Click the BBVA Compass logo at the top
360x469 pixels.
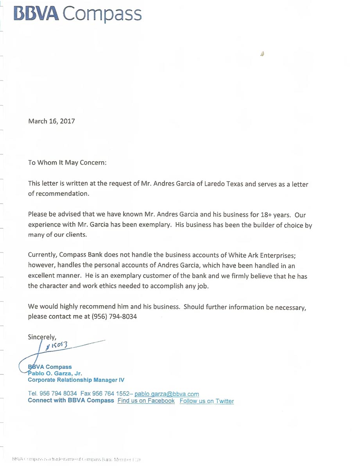pos(77,13)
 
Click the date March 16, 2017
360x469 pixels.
pos(51,121)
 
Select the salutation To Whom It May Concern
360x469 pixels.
pos(67,162)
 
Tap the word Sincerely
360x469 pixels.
pos(42,336)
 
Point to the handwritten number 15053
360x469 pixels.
pos(60,345)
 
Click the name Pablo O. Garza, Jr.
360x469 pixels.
pos(55,373)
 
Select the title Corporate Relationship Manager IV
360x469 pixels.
pos(76,380)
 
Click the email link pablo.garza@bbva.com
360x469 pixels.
pos(167,394)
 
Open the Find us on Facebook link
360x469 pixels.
pos(146,401)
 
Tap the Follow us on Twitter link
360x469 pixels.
pos(206,401)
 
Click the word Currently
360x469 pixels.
pos(42,255)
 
